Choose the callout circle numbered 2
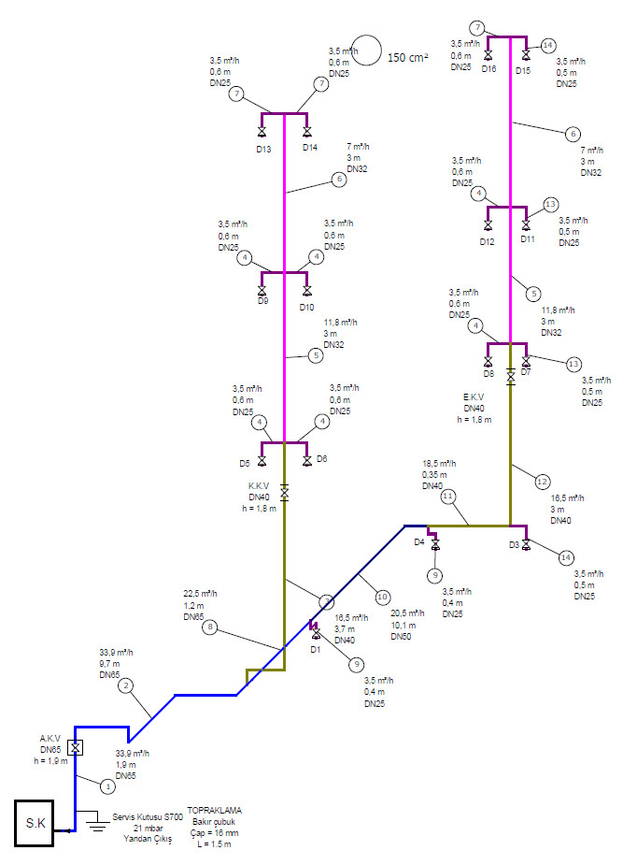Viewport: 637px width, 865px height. click(x=126, y=686)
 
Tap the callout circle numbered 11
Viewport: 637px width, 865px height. click(x=448, y=496)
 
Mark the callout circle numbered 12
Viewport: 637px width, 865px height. click(x=542, y=483)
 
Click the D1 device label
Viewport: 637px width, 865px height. click(x=316, y=648)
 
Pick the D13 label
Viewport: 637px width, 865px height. click(x=263, y=150)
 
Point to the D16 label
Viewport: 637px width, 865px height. click(x=488, y=70)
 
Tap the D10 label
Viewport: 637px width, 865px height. click(x=308, y=307)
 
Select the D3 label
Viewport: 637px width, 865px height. click(x=514, y=544)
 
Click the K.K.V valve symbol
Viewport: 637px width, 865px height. click(x=284, y=491)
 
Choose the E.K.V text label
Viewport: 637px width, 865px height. click(x=474, y=396)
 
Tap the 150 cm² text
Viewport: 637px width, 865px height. click(x=407, y=57)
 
